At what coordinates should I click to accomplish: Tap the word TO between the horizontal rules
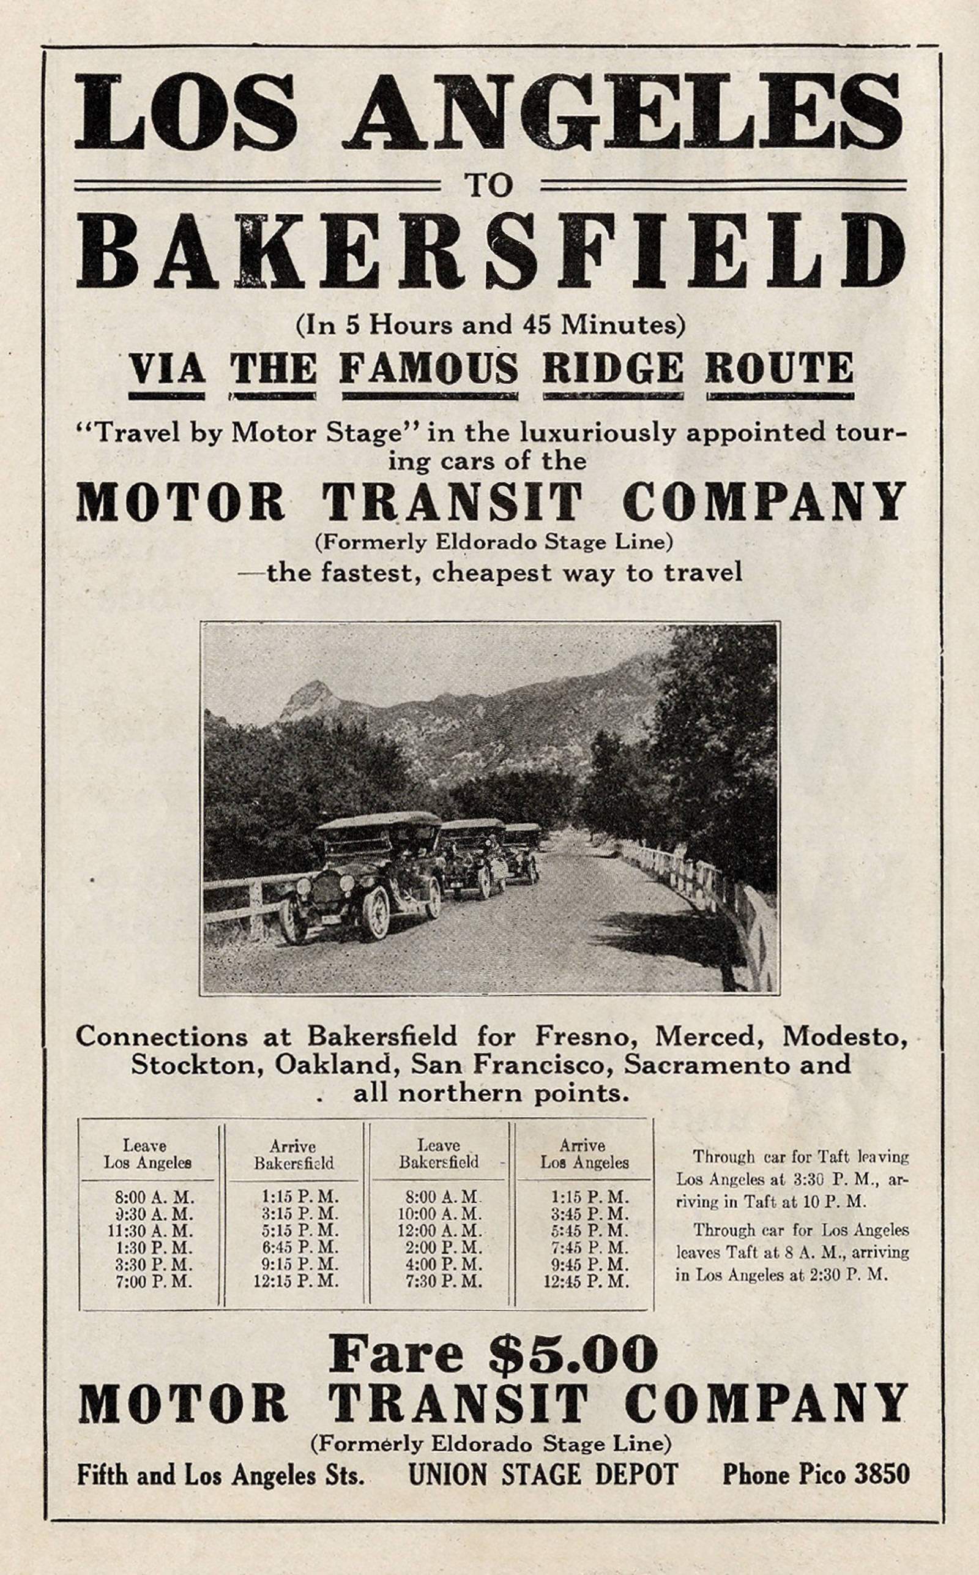(489, 185)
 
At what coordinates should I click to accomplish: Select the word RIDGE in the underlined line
(612, 369)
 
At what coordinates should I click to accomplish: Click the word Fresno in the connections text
(576, 1037)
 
